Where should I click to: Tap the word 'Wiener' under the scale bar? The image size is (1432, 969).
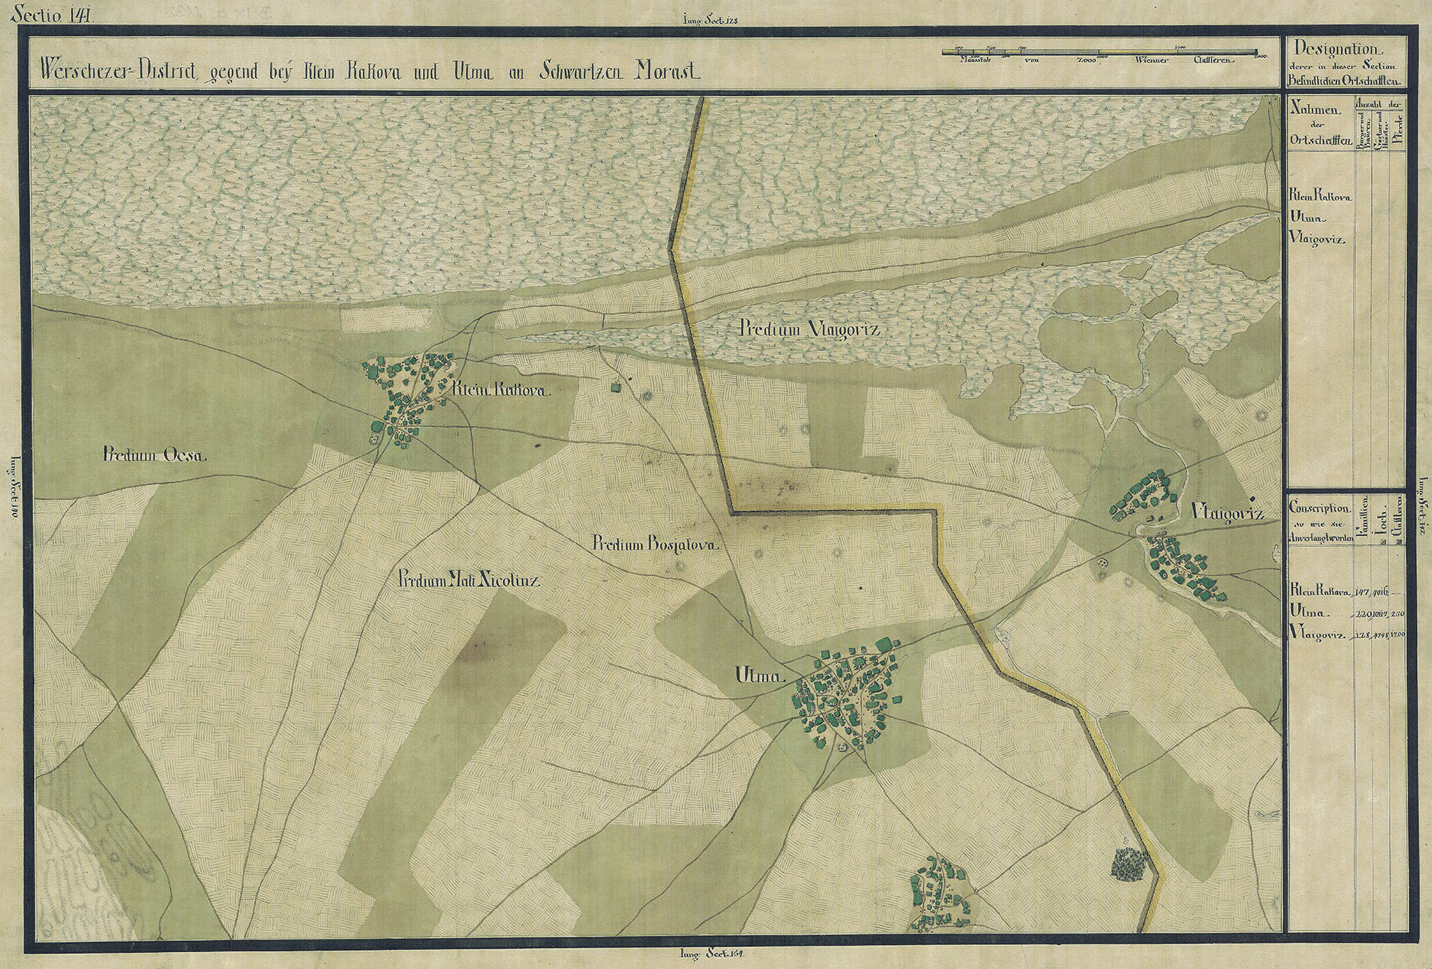[x=1145, y=60]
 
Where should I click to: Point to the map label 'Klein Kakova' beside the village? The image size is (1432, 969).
[x=503, y=391]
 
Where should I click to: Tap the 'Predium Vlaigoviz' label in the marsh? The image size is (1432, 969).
[x=809, y=329]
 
